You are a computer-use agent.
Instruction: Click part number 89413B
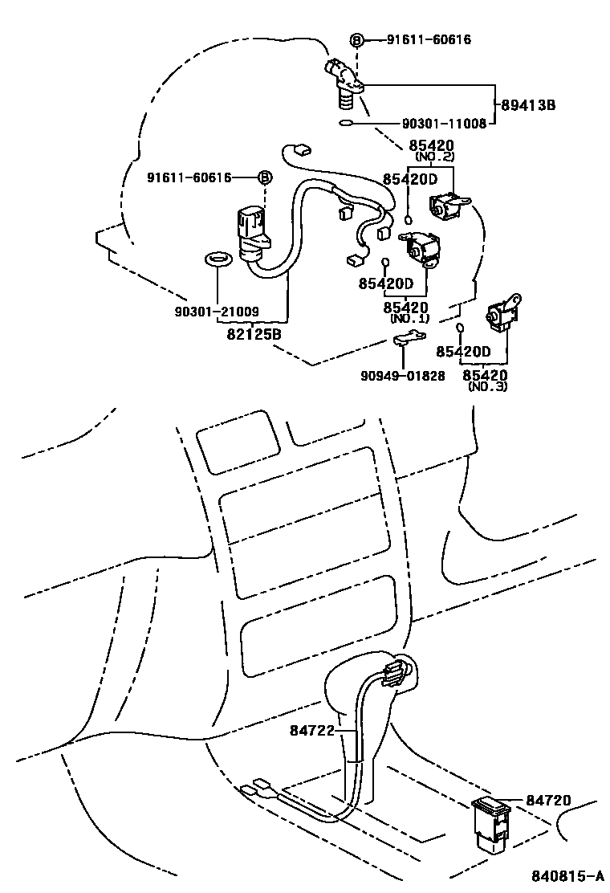[528, 105]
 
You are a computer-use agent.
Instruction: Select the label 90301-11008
[444, 124]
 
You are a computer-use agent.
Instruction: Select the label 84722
[311, 730]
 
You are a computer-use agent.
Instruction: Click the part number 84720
[548, 800]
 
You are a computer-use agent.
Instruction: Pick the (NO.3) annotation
[487, 386]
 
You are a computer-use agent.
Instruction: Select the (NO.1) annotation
[409, 318]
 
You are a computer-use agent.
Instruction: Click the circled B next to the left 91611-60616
[263, 177]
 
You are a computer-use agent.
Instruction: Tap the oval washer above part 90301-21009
[218, 259]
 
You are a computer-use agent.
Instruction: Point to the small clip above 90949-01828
[409, 339]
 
